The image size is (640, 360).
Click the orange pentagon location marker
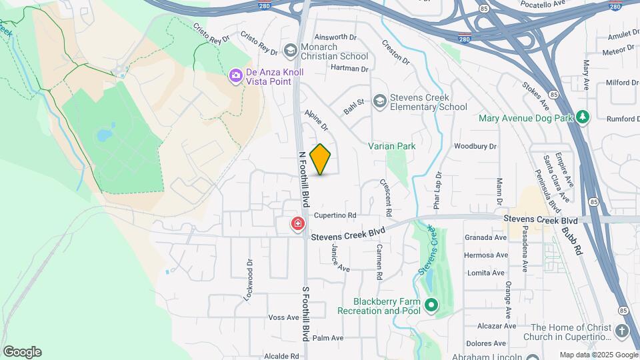click(321, 159)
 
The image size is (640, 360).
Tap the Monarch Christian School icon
click(290, 51)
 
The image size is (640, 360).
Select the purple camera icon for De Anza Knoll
click(235, 76)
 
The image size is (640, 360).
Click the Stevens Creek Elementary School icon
click(380, 101)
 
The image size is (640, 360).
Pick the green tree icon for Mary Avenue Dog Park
click(583, 117)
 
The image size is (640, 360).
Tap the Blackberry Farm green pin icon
click(431, 305)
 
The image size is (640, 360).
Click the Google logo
click(22, 352)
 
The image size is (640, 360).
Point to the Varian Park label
click(392, 146)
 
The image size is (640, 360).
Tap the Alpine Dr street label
click(317, 121)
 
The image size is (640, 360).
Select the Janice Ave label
click(340, 257)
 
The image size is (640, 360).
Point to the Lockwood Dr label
click(249, 280)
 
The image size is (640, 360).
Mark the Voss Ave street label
click(283, 317)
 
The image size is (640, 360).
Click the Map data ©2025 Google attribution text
click(599, 355)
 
